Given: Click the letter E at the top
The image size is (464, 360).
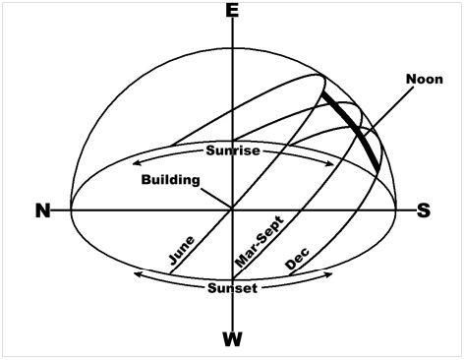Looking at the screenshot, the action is (x=232, y=11).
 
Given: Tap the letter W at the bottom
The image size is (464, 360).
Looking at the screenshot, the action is (x=233, y=339).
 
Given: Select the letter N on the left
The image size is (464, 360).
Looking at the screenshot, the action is (x=43, y=210).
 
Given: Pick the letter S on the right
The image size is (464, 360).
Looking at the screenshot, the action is (x=424, y=210).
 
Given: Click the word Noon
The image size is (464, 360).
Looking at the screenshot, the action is (x=425, y=79).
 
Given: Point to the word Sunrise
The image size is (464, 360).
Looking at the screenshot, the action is (x=233, y=150).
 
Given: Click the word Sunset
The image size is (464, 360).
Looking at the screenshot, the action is (x=232, y=288).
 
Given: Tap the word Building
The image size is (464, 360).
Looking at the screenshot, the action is (x=170, y=180).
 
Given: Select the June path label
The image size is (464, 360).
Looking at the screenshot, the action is (x=182, y=250).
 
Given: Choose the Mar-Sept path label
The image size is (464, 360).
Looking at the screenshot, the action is (x=259, y=241).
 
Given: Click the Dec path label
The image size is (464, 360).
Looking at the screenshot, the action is (x=297, y=259).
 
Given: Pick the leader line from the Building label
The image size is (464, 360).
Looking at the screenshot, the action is (x=215, y=198).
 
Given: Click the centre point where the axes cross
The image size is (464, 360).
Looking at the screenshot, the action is (x=233, y=210).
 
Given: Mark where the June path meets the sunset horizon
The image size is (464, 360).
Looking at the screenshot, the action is (x=170, y=273).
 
